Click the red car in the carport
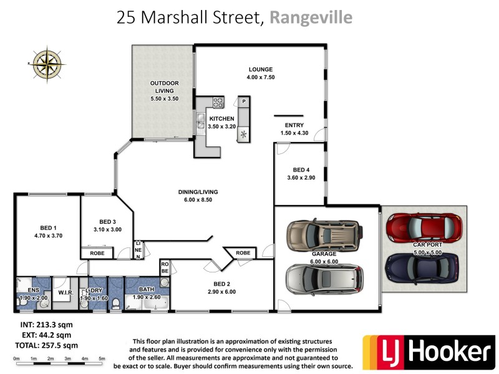coord(424,228)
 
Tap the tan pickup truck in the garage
coord(324,235)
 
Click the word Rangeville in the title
coord(311,17)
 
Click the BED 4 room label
coord(301,170)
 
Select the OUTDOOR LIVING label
coord(164,87)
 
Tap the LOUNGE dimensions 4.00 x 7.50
coord(261,77)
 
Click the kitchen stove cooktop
coord(218,101)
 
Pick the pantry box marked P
coord(244,101)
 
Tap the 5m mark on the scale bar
coord(102,358)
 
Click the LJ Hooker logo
coord(429,352)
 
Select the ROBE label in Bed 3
coord(97,254)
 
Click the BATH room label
coord(147,289)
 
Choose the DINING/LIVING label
coord(200,192)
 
